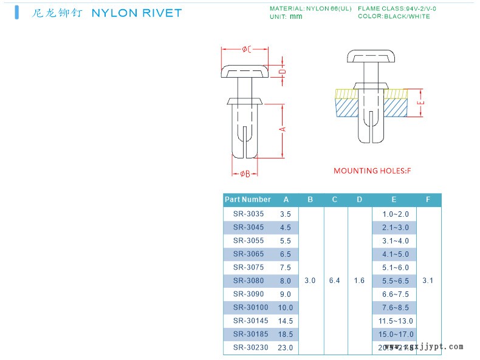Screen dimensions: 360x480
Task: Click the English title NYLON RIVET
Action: point(135,13)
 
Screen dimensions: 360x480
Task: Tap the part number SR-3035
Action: point(244,214)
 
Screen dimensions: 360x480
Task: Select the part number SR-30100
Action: point(246,308)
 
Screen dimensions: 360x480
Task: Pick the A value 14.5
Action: point(286,321)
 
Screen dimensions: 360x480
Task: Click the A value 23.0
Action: point(286,348)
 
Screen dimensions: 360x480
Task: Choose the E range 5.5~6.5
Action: point(396,281)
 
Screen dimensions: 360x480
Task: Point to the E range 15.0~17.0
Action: point(396,335)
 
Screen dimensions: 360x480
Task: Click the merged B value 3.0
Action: point(310,281)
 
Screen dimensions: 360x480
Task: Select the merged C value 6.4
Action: point(334,281)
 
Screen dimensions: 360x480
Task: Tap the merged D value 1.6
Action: point(359,281)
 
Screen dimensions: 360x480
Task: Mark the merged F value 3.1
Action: point(428,281)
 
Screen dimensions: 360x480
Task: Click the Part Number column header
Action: point(248,200)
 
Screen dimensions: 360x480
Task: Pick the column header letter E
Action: point(394,200)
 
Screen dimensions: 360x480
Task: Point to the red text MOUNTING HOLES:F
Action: point(372,171)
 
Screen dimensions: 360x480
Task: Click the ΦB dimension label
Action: point(245,174)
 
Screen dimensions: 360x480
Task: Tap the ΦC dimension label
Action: point(247,49)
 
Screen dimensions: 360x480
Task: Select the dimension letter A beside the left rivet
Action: point(283,129)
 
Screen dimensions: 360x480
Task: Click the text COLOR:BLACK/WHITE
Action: point(394,16)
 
